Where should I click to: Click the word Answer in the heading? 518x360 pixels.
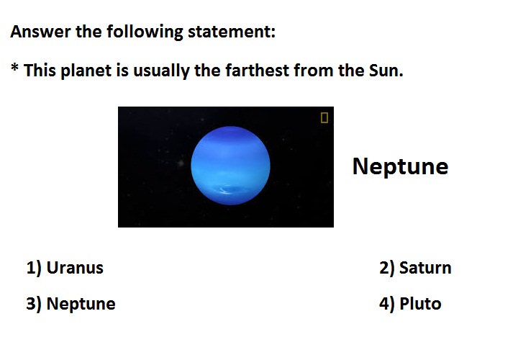(40, 32)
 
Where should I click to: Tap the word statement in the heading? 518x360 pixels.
(231, 32)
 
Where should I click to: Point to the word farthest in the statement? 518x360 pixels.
(257, 71)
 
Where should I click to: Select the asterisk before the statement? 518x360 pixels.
(14, 67)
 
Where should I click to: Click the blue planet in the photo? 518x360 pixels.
(230, 166)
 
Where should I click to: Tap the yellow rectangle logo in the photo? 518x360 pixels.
(324, 117)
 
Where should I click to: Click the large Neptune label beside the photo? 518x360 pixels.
(401, 166)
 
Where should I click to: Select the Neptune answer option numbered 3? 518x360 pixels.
(71, 303)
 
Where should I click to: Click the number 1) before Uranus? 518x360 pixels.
(34, 268)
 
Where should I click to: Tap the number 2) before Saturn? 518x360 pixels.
(387, 268)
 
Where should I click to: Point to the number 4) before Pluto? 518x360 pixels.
(387, 304)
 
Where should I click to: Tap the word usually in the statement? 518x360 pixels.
(161, 71)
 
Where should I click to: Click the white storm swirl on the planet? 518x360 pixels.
(226, 190)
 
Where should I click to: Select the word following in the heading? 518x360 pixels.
(145, 32)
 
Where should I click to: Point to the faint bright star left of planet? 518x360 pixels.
(181, 163)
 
